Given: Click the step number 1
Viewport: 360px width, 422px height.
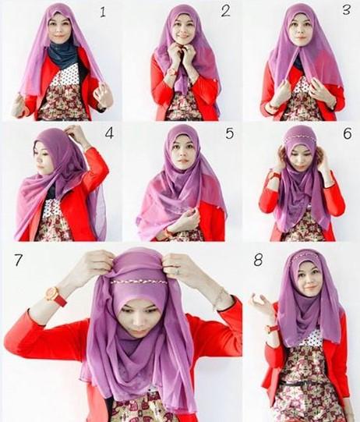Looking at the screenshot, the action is pos(103,12).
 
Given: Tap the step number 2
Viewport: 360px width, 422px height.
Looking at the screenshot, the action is pos(225,11).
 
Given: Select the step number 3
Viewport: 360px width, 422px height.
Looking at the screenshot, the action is pos(347,10).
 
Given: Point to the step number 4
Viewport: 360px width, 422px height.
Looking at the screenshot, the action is pos(109,133).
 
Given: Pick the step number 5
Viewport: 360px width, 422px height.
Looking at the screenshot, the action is pos(229,133).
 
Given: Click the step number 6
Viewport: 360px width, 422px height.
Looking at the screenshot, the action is pos(348,133).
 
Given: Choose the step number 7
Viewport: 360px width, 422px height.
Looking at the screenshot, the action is pos(18,260).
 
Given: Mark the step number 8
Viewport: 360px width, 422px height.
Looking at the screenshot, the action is pos(258,261).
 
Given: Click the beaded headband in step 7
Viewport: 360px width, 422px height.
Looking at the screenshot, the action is pos(139,282).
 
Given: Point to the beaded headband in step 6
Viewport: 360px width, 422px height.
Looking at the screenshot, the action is pos(299,139).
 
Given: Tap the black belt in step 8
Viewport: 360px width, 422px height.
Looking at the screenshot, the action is pos(304,383).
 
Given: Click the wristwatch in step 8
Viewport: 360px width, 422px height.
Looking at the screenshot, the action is pos(270,329).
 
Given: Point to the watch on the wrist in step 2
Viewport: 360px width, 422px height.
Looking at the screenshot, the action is pos(171,72).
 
